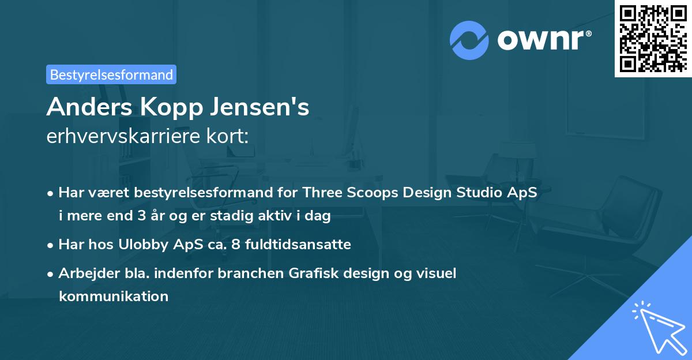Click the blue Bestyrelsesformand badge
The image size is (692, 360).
pos(111,74)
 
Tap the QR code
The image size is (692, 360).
pos(653,38)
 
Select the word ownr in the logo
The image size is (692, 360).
pos(543,40)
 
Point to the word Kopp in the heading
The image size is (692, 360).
pos(167,107)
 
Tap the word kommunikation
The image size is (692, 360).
pos(114,297)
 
